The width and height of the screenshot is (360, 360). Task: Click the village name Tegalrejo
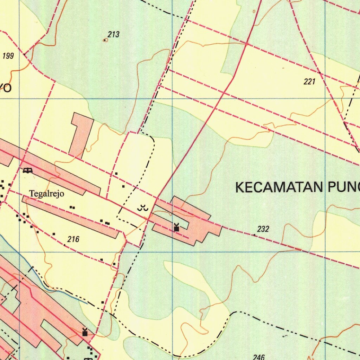tap(47, 194)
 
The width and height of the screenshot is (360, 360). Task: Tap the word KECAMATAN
tap(279, 187)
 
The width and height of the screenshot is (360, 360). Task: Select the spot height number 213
tap(114, 34)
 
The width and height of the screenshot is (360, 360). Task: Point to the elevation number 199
tap(8, 56)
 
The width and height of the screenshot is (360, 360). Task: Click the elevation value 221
tap(309, 82)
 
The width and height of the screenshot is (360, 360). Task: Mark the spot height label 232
tap(263, 229)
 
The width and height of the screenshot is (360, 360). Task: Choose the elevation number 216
tap(73, 239)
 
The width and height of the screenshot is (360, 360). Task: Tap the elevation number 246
tap(258, 357)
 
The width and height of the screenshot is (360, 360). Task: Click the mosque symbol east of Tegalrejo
tap(176, 228)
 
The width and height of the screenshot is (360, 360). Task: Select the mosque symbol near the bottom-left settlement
tap(85, 332)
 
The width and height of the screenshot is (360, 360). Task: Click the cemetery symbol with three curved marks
tap(142, 208)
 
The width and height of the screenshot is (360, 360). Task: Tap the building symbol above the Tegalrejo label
tap(27, 171)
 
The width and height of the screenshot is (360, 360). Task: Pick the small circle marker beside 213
tap(105, 40)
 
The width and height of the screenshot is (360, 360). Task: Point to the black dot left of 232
tap(254, 235)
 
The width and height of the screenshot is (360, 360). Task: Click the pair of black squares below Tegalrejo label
tap(72, 207)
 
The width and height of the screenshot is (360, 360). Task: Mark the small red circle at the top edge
tap(254, 12)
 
